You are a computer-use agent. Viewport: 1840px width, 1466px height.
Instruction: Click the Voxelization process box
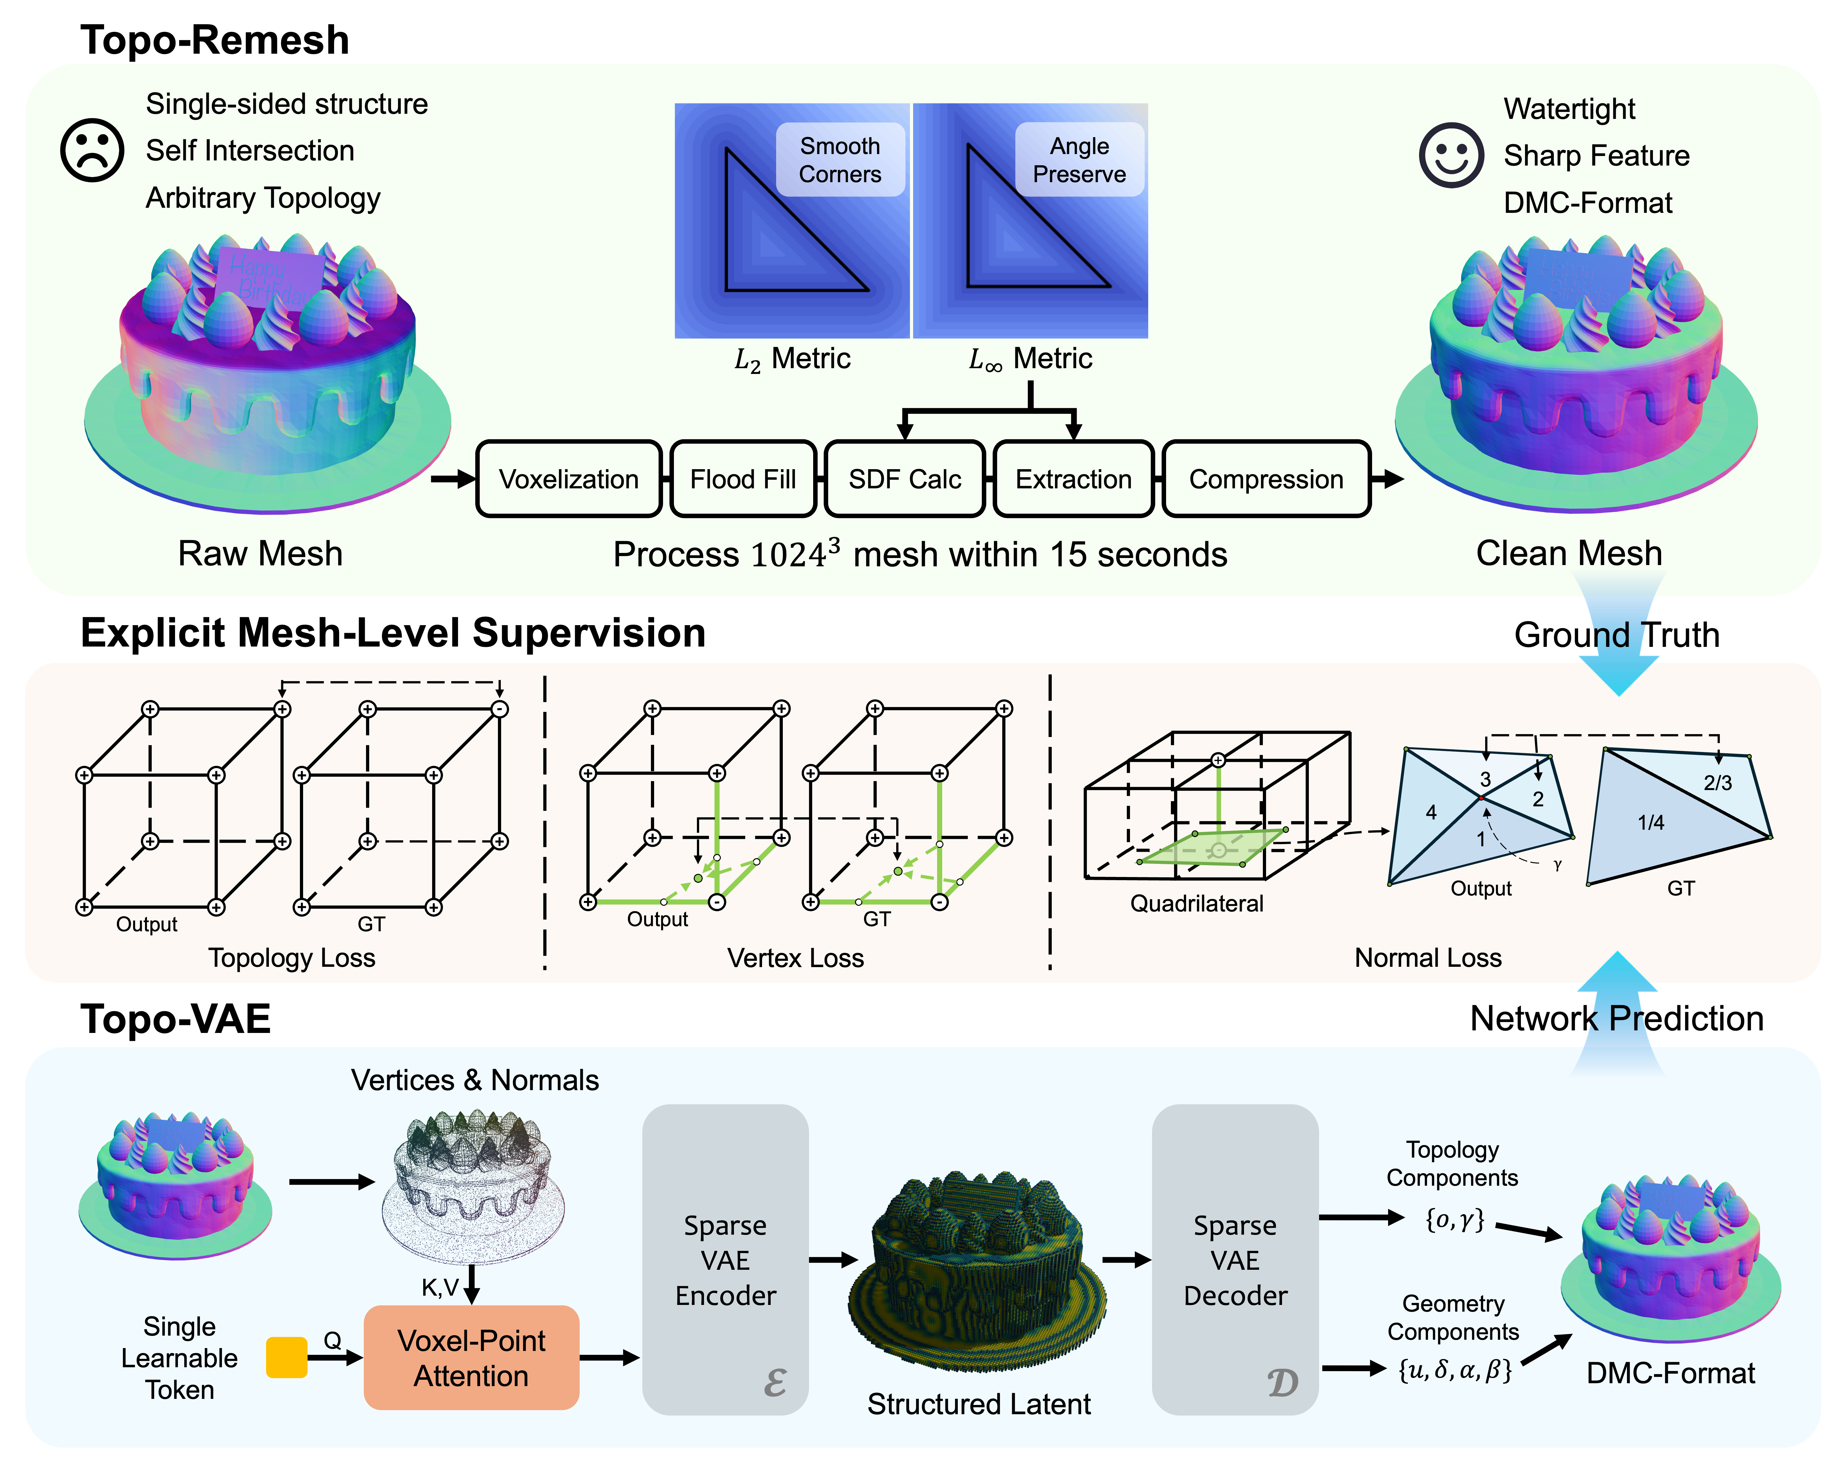point(569,479)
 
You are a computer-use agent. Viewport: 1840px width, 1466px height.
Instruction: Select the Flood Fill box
point(743,479)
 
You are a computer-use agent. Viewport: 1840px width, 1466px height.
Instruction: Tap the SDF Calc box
point(905,479)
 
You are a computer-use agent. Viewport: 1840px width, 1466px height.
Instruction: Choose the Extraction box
point(1073,479)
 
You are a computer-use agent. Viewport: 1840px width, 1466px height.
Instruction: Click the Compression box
point(1266,479)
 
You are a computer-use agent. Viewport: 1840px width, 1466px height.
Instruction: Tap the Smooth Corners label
point(840,160)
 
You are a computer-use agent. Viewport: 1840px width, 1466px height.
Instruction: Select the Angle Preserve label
point(1080,160)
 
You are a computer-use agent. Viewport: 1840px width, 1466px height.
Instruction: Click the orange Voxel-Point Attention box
point(471,1358)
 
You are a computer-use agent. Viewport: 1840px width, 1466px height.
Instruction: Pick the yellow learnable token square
point(287,1358)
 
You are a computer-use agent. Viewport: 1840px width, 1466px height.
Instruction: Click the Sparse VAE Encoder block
point(725,1260)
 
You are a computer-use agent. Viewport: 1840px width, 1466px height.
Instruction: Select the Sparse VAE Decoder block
point(1235,1260)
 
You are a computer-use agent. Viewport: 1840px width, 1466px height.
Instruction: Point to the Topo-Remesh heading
point(215,40)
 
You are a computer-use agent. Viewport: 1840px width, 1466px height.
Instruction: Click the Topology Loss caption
point(292,958)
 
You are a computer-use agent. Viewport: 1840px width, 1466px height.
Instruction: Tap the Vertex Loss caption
point(795,958)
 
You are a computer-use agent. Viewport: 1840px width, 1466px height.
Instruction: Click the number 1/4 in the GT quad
point(1651,822)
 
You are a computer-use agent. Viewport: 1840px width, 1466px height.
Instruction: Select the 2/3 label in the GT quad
point(1718,783)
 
